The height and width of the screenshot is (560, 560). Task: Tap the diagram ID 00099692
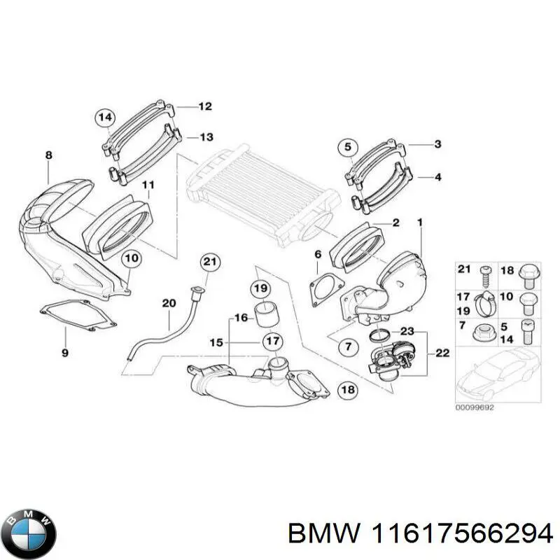click(475, 407)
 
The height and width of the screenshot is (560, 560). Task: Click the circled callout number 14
click(105, 118)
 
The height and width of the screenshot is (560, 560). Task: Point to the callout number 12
click(204, 107)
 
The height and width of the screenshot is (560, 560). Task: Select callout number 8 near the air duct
click(48, 155)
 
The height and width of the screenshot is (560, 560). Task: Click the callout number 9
click(64, 353)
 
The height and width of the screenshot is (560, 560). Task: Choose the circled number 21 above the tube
click(210, 262)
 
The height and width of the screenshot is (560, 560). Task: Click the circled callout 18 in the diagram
click(347, 391)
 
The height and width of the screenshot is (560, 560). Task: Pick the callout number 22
click(442, 353)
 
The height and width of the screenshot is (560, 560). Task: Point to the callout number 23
click(407, 331)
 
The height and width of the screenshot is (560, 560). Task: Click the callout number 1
click(419, 223)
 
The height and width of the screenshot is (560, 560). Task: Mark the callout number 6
click(317, 254)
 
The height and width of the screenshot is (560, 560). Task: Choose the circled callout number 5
click(349, 147)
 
